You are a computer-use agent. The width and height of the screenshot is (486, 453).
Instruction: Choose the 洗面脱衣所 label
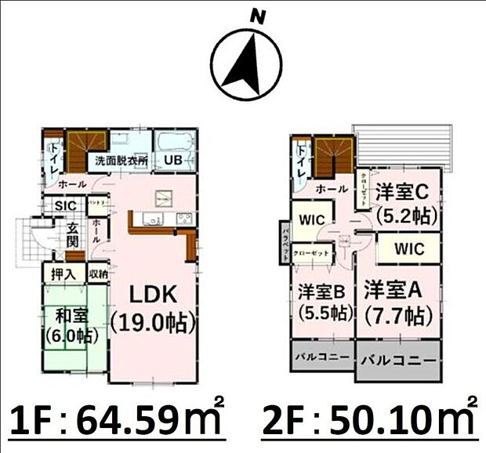[121, 161]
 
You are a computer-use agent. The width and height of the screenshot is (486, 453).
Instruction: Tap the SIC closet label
[64, 206]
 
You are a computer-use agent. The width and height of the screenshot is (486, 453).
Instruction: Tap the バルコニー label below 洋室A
[398, 362]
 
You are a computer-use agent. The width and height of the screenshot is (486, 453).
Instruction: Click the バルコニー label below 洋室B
[321, 357]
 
